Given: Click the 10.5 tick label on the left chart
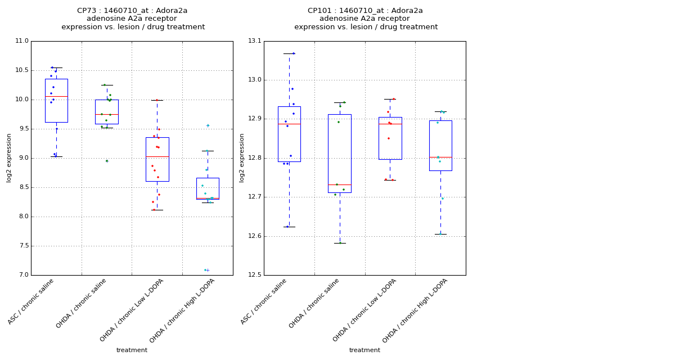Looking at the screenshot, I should click(21, 70).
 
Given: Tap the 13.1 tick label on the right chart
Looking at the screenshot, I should click(254, 41).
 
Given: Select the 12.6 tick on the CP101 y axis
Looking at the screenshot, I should click(254, 236).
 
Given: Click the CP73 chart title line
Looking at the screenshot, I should click(132, 11).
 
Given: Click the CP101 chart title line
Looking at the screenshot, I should click(365, 11).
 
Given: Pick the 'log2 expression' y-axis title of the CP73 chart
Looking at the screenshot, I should click(9, 157).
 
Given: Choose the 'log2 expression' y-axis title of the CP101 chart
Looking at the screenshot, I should click(242, 157).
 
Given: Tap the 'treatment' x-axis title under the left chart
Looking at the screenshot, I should click(132, 350).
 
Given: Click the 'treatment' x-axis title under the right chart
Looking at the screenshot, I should click(364, 350).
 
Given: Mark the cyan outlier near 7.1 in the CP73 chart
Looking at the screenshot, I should click(206, 270).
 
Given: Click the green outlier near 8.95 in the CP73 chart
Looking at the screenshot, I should click(107, 161).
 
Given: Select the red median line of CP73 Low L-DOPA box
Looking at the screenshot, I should click(157, 156).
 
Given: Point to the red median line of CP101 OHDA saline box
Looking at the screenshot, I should click(340, 184).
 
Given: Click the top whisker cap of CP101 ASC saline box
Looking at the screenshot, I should click(289, 53).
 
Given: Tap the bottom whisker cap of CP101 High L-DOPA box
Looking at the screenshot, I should click(440, 234).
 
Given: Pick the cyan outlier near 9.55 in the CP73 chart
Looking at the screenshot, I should click(208, 125).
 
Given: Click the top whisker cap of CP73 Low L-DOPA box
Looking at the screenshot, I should click(157, 100).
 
